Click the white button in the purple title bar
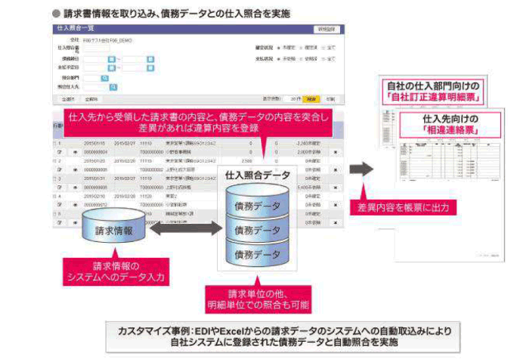pos(327,28)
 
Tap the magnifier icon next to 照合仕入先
pos(113,87)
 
